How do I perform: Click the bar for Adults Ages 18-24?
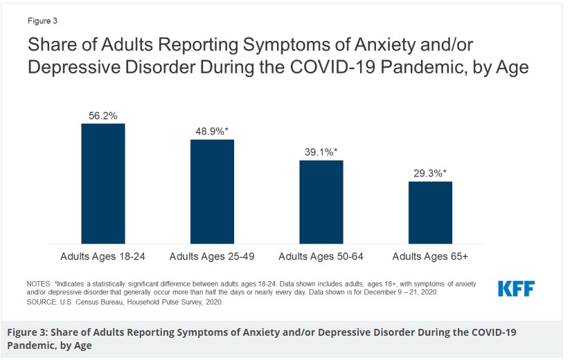(x=103, y=183)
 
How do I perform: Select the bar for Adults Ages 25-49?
(x=213, y=192)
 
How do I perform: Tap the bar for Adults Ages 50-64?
(x=321, y=202)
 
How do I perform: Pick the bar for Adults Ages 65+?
(x=430, y=213)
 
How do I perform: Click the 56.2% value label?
(x=103, y=116)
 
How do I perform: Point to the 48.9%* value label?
(x=212, y=131)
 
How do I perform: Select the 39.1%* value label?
(x=321, y=152)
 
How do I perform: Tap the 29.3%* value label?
(x=430, y=173)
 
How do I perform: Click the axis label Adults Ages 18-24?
(x=103, y=256)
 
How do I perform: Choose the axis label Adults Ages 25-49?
(x=212, y=256)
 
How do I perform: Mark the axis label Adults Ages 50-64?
(x=321, y=256)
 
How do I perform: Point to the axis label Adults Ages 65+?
(x=430, y=256)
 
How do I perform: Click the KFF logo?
(x=516, y=289)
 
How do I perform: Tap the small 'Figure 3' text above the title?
(x=42, y=21)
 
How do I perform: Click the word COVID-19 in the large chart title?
(x=332, y=67)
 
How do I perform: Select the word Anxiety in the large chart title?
(x=385, y=45)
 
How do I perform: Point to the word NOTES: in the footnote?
(x=39, y=284)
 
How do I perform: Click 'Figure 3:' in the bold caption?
(x=27, y=332)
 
